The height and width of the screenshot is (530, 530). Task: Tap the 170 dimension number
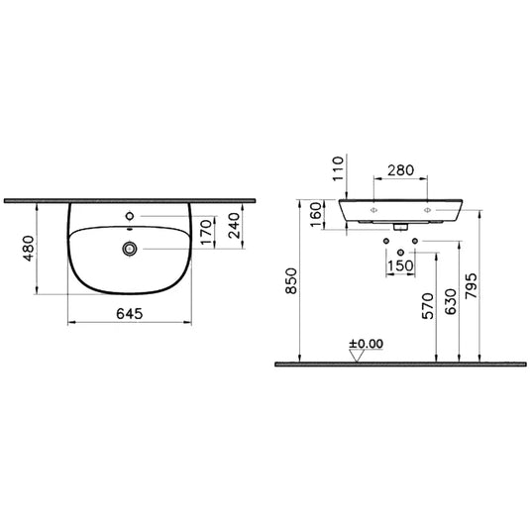[206, 234]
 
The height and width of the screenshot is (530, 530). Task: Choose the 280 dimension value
[401, 171]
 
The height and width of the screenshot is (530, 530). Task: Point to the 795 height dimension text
[478, 287]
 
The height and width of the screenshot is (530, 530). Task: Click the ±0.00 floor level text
[366, 345]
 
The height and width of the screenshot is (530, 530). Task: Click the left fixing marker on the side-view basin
[374, 211]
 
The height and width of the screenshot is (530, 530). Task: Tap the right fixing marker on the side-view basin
[427, 211]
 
